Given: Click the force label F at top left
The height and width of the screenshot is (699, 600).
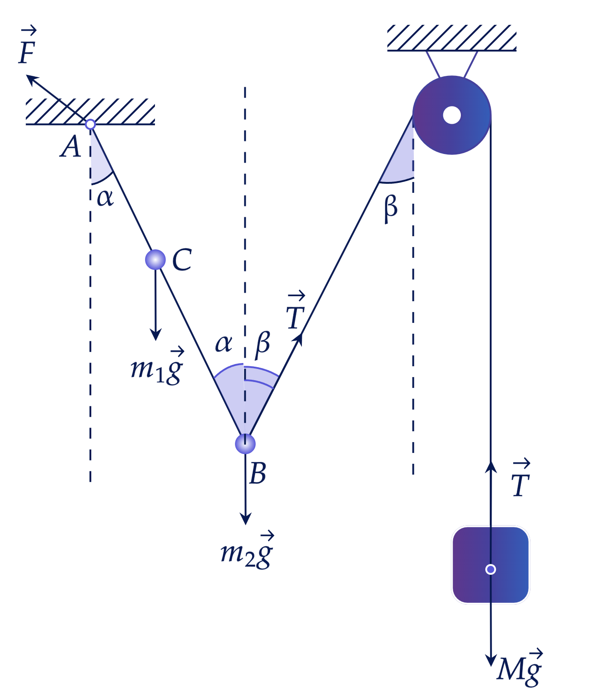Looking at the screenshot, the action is pos(28,45).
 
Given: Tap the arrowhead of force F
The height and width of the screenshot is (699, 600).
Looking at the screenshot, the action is pos(32,79).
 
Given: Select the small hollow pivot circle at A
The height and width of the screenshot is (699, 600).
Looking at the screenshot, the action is pos(90,125).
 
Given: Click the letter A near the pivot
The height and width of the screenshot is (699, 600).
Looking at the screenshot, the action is pos(70,147).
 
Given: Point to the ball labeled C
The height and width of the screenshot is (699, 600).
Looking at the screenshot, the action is pos(155,260).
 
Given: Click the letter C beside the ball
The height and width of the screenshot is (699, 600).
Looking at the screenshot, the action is pos(182,260).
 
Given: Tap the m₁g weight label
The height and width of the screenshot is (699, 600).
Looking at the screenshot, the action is pos(157,367).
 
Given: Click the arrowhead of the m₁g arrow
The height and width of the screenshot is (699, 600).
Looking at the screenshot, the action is pos(156,335).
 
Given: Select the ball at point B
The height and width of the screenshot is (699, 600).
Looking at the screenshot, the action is pos(245,444).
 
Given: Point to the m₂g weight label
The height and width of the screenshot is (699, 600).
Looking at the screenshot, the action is pos(247,551).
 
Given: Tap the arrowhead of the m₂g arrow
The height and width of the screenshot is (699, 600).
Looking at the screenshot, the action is pos(246,518).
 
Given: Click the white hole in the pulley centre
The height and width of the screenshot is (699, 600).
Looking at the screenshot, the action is pos(452,115).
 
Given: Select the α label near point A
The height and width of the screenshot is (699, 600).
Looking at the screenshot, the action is pos(105,198).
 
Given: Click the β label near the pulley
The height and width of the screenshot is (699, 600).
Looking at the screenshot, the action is pos(390,210).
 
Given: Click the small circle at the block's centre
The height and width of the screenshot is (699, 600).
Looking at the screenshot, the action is pos(491,569).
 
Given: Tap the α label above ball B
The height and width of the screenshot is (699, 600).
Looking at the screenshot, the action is pos(224,344).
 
